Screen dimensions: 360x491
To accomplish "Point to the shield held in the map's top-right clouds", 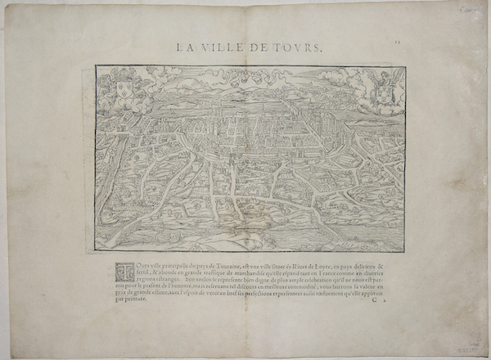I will [x=381, y=92].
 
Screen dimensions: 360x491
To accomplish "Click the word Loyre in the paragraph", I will [x=323, y=266].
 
